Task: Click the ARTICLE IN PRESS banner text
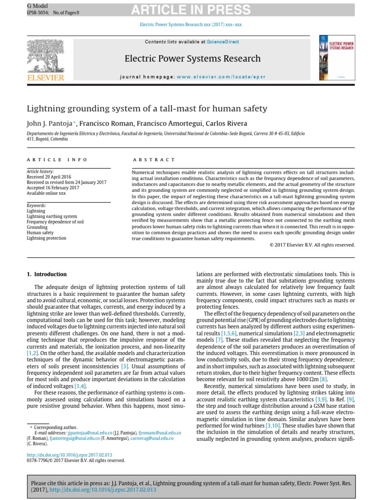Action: tap(195, 10)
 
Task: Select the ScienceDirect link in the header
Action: tap(223, 42)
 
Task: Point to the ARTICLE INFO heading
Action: tap(57, 159)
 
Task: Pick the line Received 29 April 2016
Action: tap(49, 177)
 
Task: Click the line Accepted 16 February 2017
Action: tap(53, 188)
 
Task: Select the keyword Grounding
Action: tap(37, 227)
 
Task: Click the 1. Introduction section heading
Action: tap(46, 274)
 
